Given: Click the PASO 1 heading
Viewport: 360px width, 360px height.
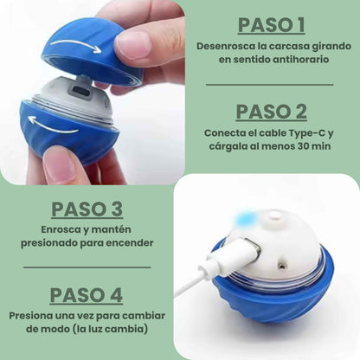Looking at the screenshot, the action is [272, 25].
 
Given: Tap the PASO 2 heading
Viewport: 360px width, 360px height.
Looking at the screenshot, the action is [272, 112].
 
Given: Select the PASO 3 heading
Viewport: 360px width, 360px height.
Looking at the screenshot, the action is [87, 209].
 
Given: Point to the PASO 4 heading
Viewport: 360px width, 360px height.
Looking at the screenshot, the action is [87, 295].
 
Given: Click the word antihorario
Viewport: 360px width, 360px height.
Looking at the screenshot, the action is [301, 60].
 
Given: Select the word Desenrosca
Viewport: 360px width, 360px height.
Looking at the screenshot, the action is [223, 46].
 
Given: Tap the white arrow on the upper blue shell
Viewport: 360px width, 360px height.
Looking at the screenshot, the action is [75, 45].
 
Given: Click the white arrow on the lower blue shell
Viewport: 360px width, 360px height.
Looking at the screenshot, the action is [54, 125].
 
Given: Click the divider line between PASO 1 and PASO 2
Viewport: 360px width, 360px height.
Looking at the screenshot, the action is [270, 85].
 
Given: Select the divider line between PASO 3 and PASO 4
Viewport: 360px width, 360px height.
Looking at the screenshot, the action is [87, 267].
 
